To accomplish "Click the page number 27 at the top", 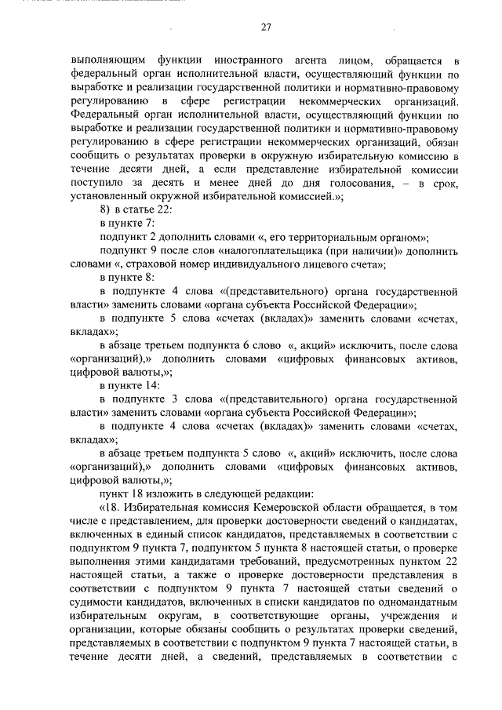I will [265, 27].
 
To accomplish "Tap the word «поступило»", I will [98, 184].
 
